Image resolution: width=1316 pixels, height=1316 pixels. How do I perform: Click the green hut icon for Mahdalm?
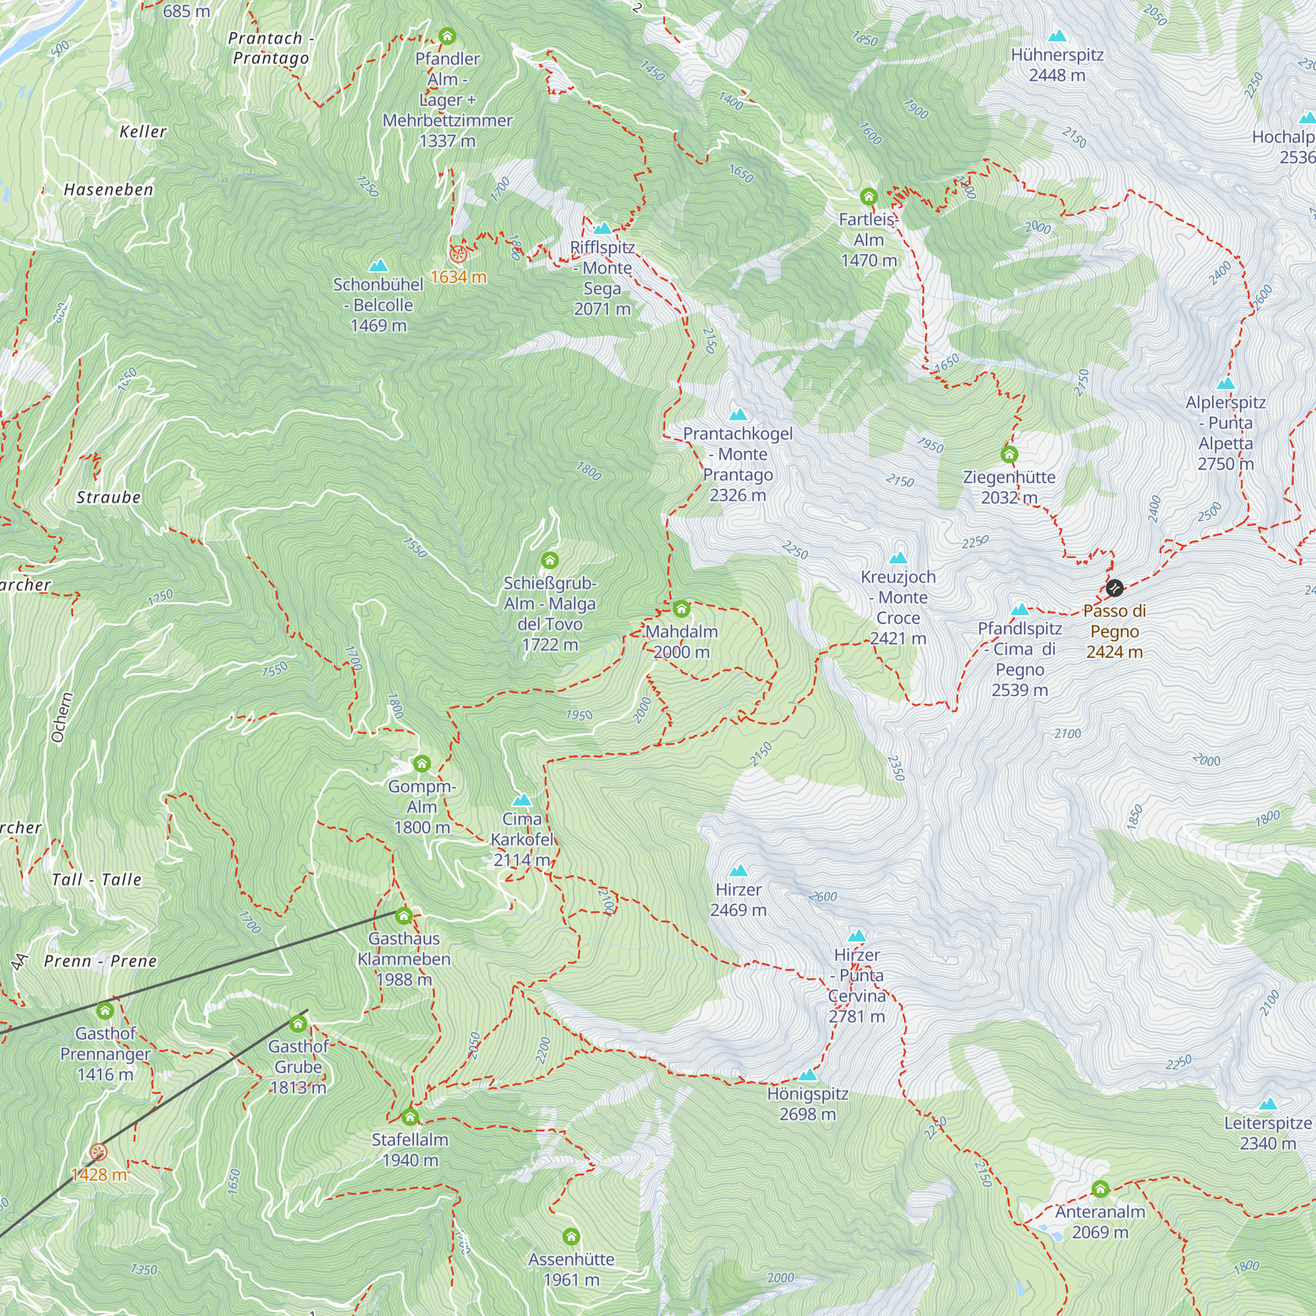point(681,608)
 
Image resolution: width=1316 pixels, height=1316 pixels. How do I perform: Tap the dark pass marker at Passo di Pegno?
point(1115,587)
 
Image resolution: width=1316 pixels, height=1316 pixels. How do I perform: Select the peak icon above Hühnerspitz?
point(1057,36)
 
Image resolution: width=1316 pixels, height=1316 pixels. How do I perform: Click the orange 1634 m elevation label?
point(459,276)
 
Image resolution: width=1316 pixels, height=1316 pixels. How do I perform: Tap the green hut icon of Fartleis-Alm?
point(869,197)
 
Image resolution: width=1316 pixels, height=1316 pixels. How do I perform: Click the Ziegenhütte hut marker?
point(1009,453)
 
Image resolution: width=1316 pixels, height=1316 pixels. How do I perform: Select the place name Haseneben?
point(109,190)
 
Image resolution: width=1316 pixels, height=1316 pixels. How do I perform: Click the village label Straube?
point(109,497)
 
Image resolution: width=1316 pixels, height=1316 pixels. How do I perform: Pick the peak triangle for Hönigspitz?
point(808,1075)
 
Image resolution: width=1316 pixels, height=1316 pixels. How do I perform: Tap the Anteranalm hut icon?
point(1101,1189)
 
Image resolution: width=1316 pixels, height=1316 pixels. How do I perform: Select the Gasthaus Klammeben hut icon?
point(404,915)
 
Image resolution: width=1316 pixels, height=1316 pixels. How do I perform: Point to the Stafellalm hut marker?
point(410,1117)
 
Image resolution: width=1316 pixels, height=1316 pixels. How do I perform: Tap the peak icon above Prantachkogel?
point(738,414)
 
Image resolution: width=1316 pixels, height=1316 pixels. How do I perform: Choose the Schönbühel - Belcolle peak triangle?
point(378,265)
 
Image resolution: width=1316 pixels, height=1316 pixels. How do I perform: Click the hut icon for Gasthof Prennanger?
point(105,1010)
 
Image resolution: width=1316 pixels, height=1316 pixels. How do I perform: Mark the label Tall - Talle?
point(97,879)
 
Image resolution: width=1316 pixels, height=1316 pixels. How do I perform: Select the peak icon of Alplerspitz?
point(1225,383)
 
